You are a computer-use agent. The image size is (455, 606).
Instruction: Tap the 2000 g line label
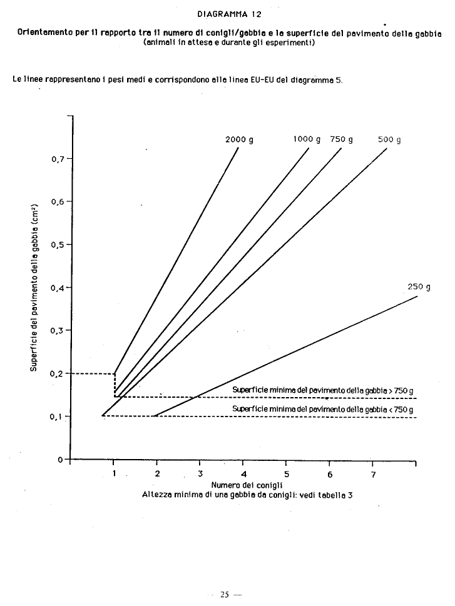239,139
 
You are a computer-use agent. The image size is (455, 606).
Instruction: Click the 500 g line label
389,139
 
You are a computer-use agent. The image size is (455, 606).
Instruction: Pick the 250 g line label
419,287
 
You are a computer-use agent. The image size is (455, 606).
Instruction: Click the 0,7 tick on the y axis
58,159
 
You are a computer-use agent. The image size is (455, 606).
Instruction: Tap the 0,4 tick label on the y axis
58,288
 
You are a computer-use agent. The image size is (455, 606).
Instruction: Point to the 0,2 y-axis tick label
58,373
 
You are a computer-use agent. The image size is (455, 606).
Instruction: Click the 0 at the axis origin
60,460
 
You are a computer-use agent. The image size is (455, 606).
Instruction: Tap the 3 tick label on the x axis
200,474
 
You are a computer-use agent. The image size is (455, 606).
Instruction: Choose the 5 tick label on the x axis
286,474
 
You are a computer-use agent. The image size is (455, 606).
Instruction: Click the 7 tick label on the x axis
372,474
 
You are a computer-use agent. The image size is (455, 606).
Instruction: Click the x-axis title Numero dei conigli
247,485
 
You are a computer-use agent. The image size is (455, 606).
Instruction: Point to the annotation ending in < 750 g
323,409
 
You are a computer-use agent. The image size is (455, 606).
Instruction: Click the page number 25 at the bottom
225,594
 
